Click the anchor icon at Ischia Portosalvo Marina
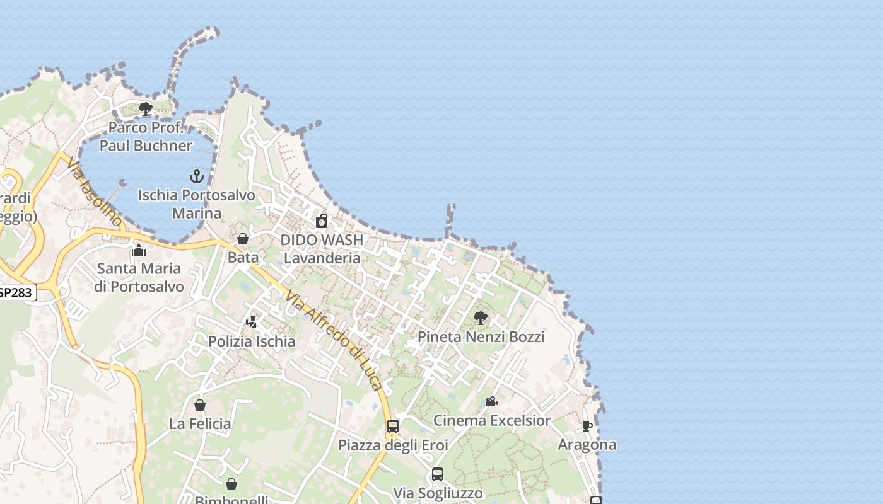click(197, 176)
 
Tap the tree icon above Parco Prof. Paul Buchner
click(146, 109)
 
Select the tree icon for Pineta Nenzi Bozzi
click(481, 318)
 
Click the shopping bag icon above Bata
click(243, 239)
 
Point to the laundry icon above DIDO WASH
click(322, 221)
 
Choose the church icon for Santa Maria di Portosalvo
click(139, 250)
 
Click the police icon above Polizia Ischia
click(252, 323)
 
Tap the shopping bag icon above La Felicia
click(200, 405)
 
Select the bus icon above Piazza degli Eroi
click(393, 427)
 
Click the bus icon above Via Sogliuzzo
click(438, 474)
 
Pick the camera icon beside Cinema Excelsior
click(491, 401)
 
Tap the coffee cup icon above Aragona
click(587, 426)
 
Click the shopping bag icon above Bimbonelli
click(231, 484)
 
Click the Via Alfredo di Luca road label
click(334, 340)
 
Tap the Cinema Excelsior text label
click(492, 420)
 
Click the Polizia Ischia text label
click(252, 341)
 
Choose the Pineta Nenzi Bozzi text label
click(481, 337)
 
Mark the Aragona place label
click(587, 445)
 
